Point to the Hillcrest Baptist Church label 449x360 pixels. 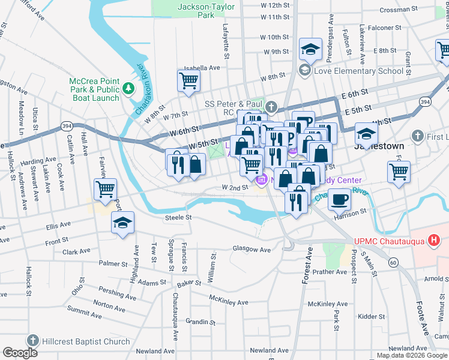pyautogui.click(x=86, y=341)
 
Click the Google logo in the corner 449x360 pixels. pyautogui.click(x=20, y=353)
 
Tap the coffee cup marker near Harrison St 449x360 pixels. pyautogui.click(x=340, y=199)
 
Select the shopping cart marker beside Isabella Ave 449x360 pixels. pyautogui.click(x=188, y=80)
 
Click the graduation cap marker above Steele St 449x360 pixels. pyautogui.click(x=122, y=223)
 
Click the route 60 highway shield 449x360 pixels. pyautogui.click(x=393, y=262)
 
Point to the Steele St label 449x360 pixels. pyautogui.click(x=178, y=217)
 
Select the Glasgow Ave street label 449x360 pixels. pyautogui.click(x=252, y=249)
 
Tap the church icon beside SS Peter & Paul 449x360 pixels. pyautogui.click(x=271, y=107)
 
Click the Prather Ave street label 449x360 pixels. pyautogui.click(x=330, y=271)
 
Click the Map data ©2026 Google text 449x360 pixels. pyautogui.click(x=412, y=355)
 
